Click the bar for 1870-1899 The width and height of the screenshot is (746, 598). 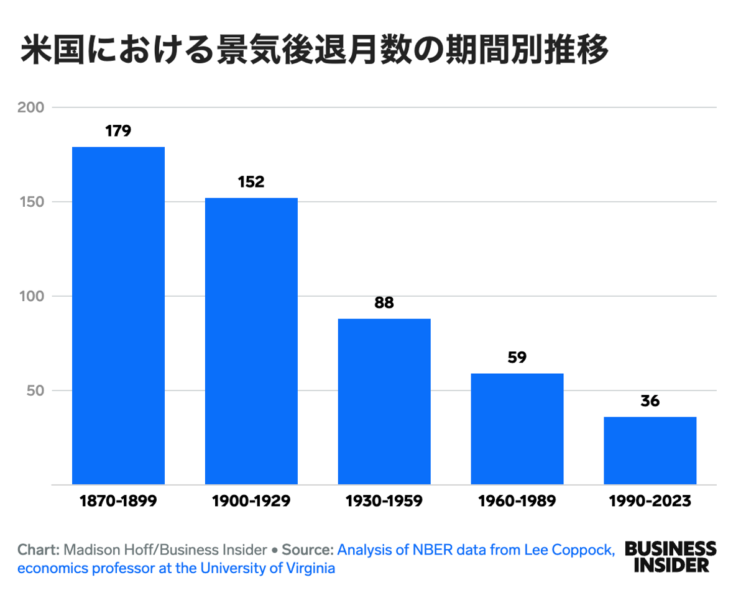pos(118,315)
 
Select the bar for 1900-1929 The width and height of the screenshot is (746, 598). pos(251,341)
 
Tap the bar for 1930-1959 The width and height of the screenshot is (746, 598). pos(384,401)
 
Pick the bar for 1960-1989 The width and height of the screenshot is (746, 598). pos(517,428)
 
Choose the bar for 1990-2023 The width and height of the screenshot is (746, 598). pos(650,450)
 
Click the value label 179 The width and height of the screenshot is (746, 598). pos(118,131)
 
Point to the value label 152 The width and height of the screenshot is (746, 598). pos(251,182)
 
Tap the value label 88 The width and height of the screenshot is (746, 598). pos(384,303)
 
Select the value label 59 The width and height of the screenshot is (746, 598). pos(517,358)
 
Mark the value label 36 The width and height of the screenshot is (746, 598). pos(650,401)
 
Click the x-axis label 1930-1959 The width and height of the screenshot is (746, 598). pos(384,501)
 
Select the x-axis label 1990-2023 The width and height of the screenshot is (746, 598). pos(650,501)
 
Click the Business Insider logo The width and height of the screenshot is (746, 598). pos(670,556)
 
